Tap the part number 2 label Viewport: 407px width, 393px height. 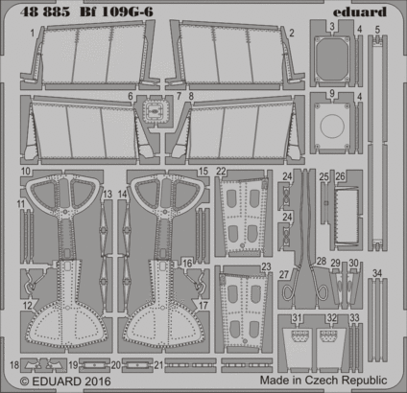[290, 32]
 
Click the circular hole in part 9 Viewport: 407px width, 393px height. [331, 124]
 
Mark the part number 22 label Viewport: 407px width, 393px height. [221, 171]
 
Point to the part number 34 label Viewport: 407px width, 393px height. [377, 273]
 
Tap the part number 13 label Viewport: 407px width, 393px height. [108, 195]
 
